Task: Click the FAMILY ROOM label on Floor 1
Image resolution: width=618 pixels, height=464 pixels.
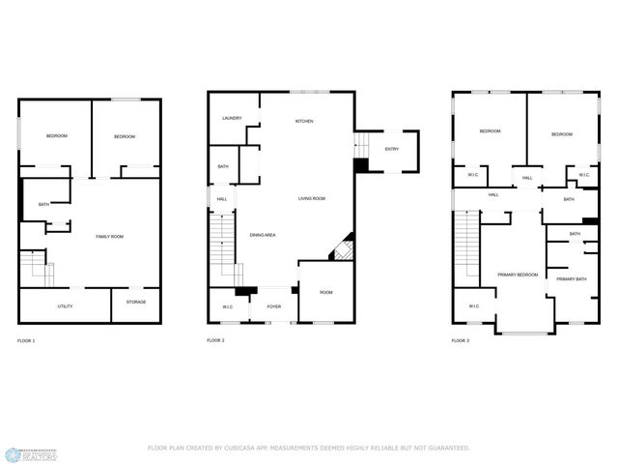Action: [x=109, y=236]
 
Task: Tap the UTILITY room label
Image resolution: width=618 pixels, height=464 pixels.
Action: [x=65, y=306]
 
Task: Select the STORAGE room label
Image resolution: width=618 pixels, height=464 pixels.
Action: [x=136, y=302]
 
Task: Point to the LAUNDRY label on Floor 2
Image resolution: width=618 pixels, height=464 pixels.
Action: [x=232, y=118]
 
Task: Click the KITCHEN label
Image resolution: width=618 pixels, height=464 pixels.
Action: [x=304, y=121]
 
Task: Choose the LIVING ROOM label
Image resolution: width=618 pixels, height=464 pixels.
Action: [x=311, y=198]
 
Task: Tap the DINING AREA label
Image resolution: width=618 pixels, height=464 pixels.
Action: [x=264, y=235]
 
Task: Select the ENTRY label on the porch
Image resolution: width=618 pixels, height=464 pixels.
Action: [x=391, y=149]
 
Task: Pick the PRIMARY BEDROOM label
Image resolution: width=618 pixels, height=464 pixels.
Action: [x=518, y=275]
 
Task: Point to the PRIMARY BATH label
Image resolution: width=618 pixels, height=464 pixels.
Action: [x=571, y=279]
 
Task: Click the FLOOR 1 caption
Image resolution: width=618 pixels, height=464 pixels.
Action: [x=26, y=341]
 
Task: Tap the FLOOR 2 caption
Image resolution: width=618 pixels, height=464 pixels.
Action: [x=215, y=340]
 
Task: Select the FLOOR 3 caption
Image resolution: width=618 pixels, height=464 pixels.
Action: [x=461, y=340]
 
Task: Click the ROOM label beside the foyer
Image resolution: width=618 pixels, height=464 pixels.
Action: [x=326, y=292]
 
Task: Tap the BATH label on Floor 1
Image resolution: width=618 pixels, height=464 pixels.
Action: [x=43, y=205]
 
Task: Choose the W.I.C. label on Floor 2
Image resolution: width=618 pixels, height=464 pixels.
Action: [x=227, y=307]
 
